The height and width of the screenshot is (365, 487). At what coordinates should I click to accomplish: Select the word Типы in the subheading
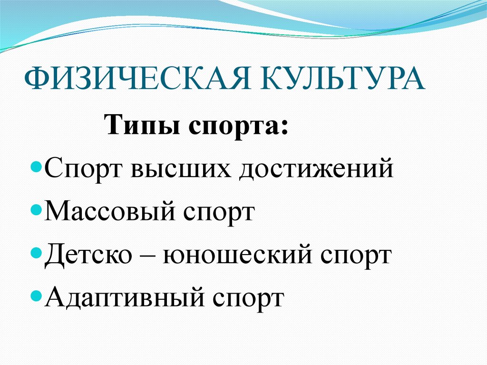[137, 127]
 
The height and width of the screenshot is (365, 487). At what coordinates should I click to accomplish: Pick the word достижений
[316, 170]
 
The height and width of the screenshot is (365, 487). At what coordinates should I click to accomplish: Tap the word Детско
[88, 255]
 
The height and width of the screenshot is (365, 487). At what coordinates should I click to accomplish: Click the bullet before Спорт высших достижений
[40, 169]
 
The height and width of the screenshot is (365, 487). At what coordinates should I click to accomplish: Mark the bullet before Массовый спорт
[40, 211]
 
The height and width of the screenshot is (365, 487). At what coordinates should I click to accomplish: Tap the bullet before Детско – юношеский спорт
[40, 253]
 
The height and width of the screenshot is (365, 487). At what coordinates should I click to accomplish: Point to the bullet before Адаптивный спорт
[40, 296]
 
